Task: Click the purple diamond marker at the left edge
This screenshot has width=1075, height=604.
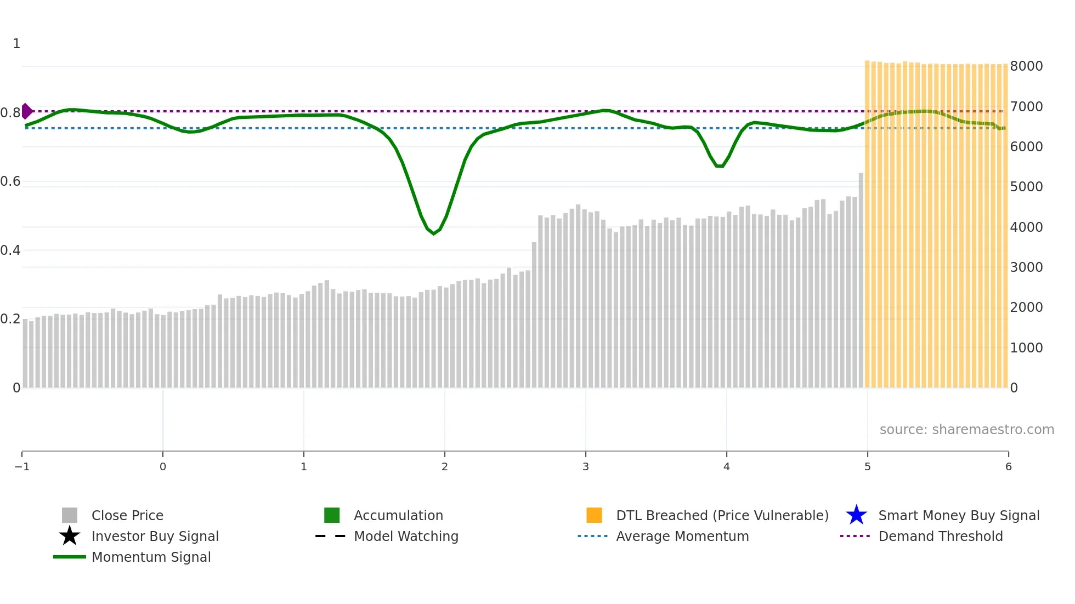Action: [26, 111]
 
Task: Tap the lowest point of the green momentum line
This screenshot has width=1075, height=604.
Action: [434, 233]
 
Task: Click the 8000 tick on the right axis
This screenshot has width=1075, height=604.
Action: [1026, 66]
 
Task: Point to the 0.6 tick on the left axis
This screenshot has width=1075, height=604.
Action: [10, 181]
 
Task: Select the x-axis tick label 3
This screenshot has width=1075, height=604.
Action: [586, 467]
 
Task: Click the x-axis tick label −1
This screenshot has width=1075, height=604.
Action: [22, 467]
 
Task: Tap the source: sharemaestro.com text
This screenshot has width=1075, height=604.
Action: [966, 430]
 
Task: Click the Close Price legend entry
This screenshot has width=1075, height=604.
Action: [127, 516]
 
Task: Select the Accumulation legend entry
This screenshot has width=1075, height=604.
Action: [398, 516]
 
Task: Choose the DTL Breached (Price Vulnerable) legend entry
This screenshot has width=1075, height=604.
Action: [722, 516]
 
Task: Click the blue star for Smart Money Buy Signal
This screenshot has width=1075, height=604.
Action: [856, 515]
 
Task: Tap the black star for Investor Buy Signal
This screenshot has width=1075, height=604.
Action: [70, 536]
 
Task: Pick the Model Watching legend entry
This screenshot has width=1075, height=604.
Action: [406, 537]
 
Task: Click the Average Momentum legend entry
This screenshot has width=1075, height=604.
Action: [682, 537]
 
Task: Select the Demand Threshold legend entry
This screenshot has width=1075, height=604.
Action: [940, 537]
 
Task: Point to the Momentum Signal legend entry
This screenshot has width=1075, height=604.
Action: [151, 557]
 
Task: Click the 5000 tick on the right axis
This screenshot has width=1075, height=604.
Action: [1026, 187]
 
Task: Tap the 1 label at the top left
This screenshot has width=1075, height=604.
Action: [16, 44]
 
